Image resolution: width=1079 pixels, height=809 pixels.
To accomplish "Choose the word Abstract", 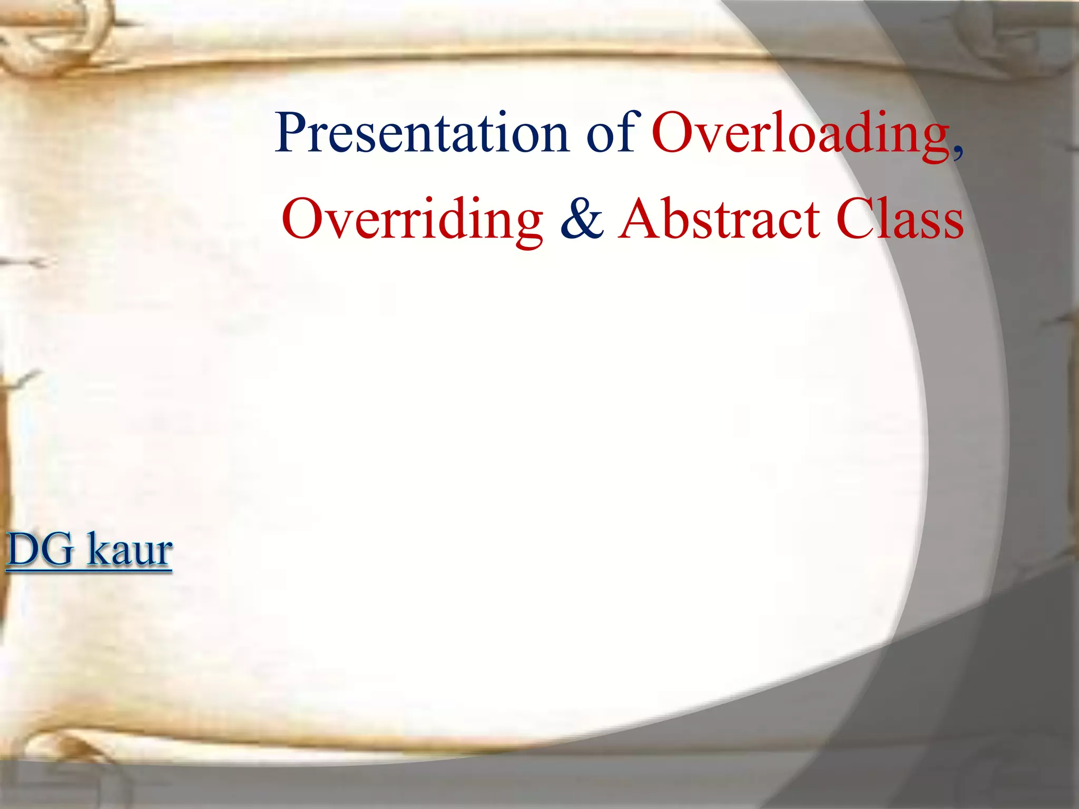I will pos(719,219).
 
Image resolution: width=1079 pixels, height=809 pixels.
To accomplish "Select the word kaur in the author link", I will pos(130,550).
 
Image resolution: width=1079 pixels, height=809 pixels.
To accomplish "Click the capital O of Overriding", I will pos(303,219).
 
